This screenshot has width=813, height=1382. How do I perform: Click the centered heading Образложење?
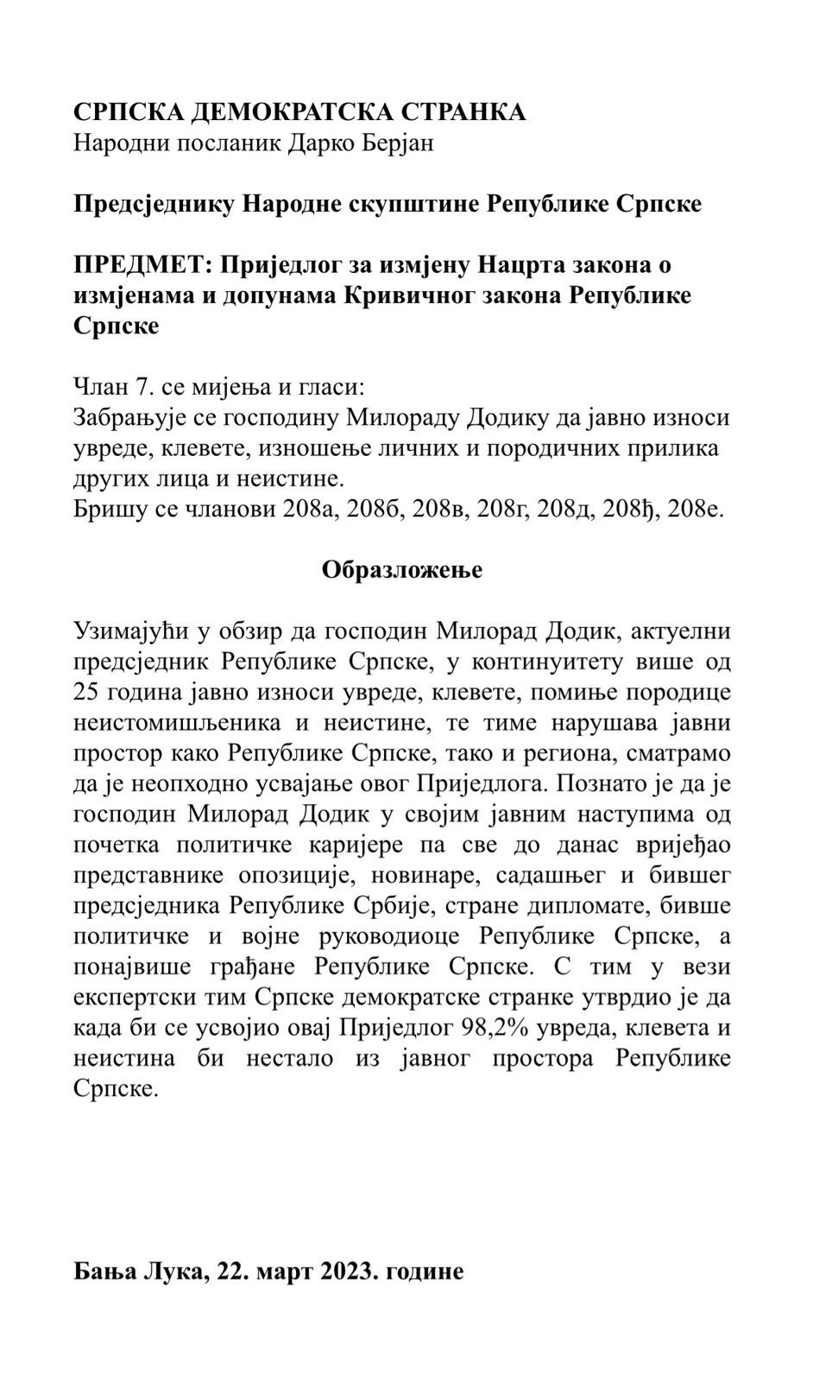point(402,570)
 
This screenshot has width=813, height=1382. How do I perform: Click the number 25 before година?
point(87,692)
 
